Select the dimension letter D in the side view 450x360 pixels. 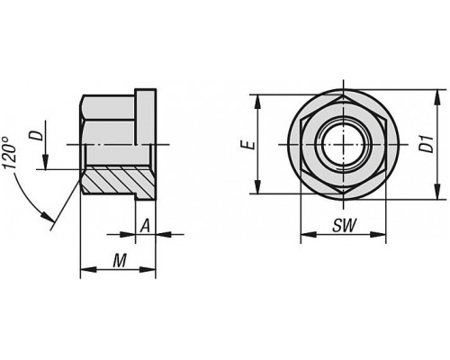click(x=37, y=135)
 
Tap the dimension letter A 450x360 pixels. click(x=145, y=226)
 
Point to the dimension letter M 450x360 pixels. click(x=120, y=260)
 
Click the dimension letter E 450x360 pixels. click(x=248, y=145)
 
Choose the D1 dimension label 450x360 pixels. click(x=427, y=144)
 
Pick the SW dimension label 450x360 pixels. click(x=345, y=225)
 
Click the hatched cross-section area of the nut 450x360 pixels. click(x=117, y=182)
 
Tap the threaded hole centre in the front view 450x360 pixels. click(x=344, y=144)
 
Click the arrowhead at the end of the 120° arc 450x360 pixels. click(x=48, y=217)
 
